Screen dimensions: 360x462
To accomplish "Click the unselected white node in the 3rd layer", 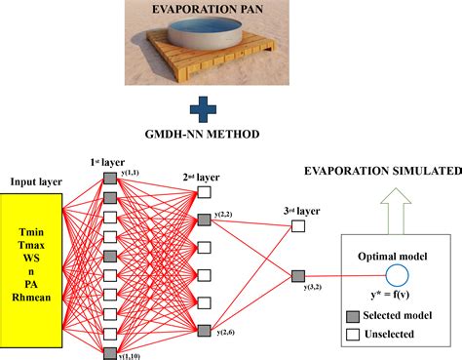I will point(298,226).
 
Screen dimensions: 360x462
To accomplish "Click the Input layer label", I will point(36,181).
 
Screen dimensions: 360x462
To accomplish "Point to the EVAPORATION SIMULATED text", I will point(396,170).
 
